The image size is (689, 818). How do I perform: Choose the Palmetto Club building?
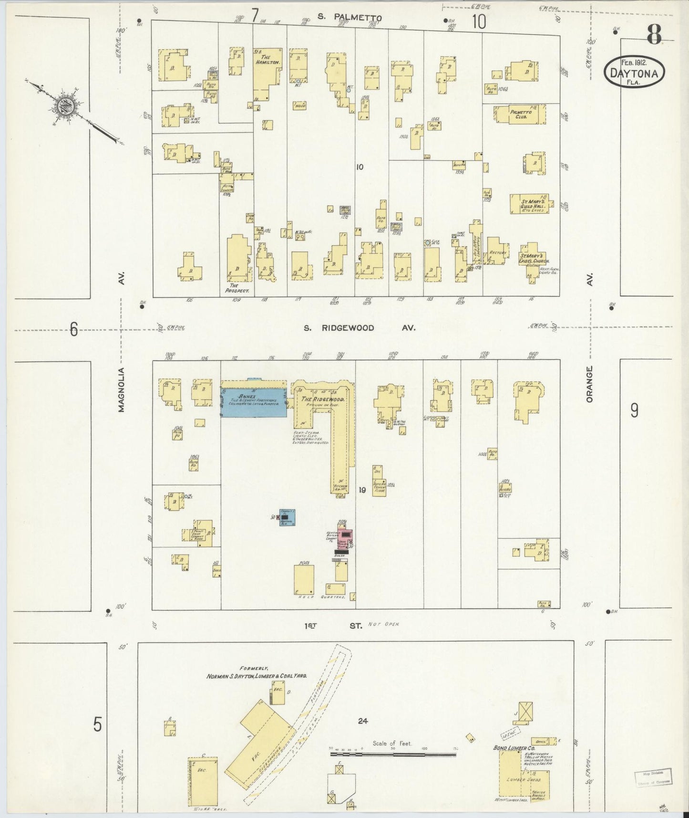[520, 115]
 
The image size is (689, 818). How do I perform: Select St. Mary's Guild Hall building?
[529, 204]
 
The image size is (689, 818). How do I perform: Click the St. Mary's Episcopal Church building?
[533, 262]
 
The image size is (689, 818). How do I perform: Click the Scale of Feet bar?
[394, 755]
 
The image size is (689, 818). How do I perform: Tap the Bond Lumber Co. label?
[510, 748]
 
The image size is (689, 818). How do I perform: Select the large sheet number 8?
[654, 34]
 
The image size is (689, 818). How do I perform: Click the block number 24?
[363, 721]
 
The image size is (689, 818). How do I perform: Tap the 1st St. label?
[334, 625]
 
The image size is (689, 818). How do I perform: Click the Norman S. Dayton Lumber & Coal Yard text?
[256, 676]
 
